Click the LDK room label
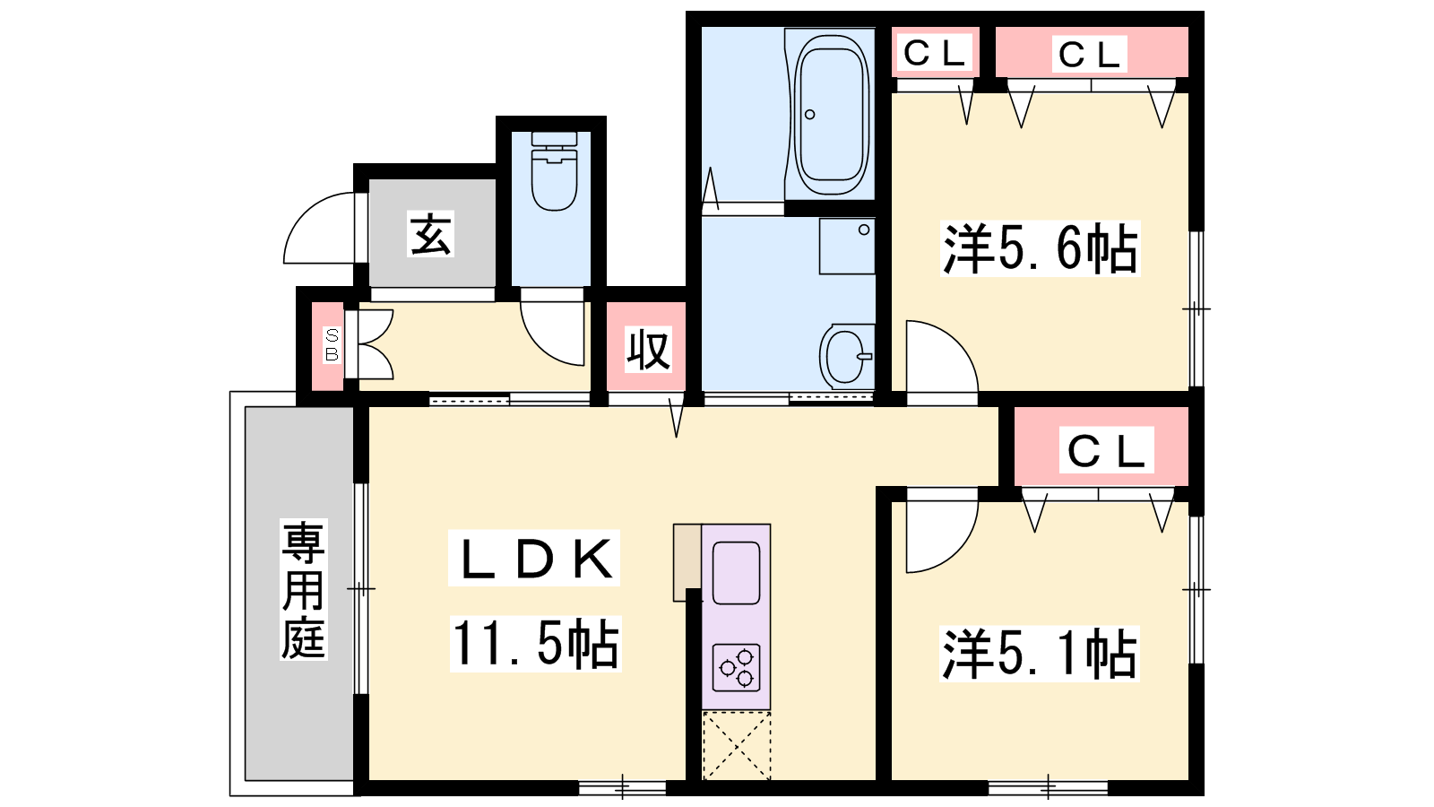534,558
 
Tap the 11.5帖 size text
535,644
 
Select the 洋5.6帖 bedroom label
1041,248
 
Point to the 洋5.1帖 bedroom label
1039,654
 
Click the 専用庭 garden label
304,590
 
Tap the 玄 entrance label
430,234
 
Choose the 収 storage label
647,349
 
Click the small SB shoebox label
332,345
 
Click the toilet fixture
554,171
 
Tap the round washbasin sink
847,357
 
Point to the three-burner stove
736,667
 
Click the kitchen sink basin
736,573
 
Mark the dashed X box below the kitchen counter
736,745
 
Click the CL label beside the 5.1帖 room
1106,450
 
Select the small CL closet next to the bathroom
934,53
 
